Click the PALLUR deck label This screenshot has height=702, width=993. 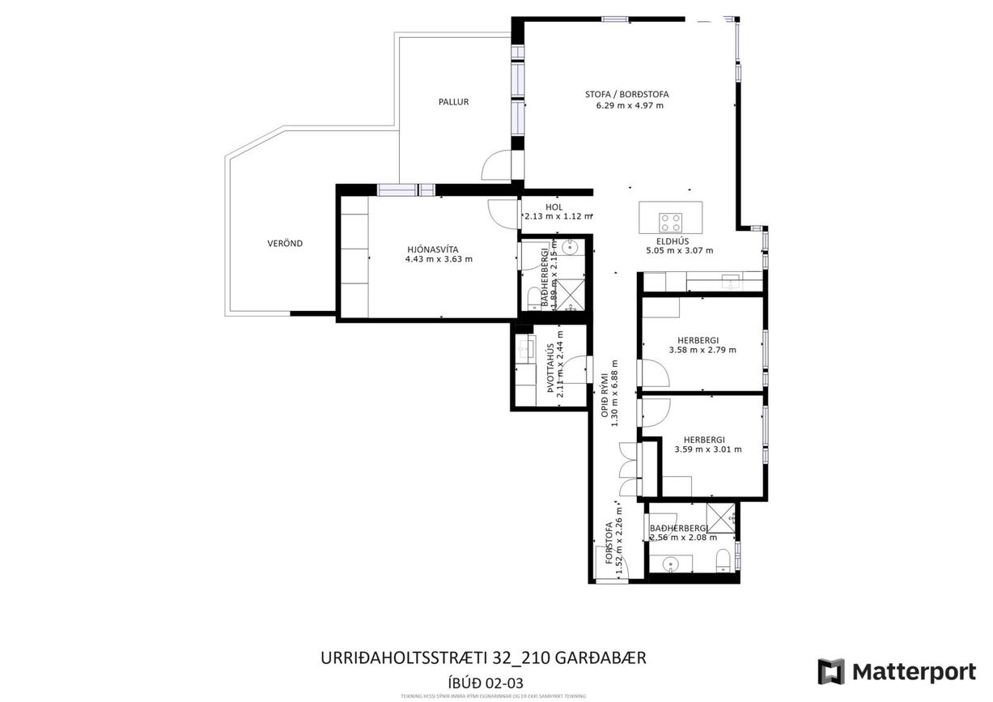click(453, 102)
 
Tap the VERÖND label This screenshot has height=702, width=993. click(285, 243)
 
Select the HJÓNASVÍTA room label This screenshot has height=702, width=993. click(438, 249)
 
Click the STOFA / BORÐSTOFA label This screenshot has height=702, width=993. click(627, 94)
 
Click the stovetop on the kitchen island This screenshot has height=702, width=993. click(671, 220)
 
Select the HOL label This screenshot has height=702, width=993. click(554, 207)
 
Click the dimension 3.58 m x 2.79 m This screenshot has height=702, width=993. click(702, 351)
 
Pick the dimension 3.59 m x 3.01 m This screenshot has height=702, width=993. click(707, 449)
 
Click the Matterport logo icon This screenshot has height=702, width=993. click(831, 671)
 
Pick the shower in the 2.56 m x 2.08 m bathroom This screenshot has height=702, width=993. click(720, 514)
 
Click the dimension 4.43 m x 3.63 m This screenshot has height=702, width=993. click(438, 259)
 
